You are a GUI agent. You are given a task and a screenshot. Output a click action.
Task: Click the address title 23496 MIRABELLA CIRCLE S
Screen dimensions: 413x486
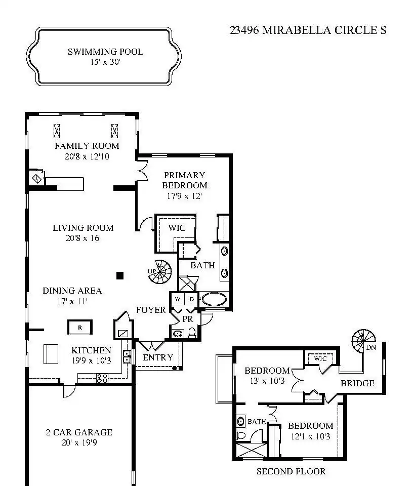coord(308,30)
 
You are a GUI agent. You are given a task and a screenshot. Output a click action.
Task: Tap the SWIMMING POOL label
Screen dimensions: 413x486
coord(105,52)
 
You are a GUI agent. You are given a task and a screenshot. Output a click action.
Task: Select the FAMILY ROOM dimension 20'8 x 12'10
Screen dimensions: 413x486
coord(87,156)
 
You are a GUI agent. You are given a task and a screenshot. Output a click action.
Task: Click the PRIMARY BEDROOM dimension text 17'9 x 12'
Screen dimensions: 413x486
coord(184,196)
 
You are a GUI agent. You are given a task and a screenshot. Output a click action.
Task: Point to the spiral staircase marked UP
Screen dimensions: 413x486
coord(160,272)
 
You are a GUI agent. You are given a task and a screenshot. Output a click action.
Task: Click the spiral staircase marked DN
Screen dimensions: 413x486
coord(363,341)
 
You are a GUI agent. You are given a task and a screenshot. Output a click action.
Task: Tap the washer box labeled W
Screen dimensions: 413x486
coord(178,299)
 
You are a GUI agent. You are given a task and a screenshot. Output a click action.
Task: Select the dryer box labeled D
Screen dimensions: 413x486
coord(191,299)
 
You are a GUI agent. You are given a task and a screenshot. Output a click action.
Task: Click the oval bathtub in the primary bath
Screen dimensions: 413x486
coord(214,299)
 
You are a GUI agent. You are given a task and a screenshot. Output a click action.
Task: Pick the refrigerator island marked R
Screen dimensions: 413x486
coord(80,328)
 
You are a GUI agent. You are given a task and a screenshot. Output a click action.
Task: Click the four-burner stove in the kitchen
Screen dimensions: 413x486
coord(102,378)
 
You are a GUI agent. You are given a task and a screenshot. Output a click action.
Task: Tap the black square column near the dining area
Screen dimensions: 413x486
coord(120,275)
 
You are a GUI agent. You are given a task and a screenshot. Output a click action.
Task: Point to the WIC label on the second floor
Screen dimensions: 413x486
coord(320,358)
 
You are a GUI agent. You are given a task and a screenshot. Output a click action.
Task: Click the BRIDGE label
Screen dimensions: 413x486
coord(357,383)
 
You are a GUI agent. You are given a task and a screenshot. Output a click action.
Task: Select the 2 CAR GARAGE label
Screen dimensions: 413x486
coord(79,432)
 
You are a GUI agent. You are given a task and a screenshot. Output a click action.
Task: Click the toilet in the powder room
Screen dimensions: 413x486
coord(192,333)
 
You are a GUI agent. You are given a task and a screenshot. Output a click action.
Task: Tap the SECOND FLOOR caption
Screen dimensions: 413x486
coord(291,471)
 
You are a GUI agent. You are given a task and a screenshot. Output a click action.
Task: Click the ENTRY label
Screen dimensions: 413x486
coord(158,357)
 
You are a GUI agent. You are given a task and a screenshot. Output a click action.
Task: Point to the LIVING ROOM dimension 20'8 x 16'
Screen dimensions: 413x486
coord(83,238)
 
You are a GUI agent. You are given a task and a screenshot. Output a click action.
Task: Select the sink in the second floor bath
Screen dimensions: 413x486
coord(241,421)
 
